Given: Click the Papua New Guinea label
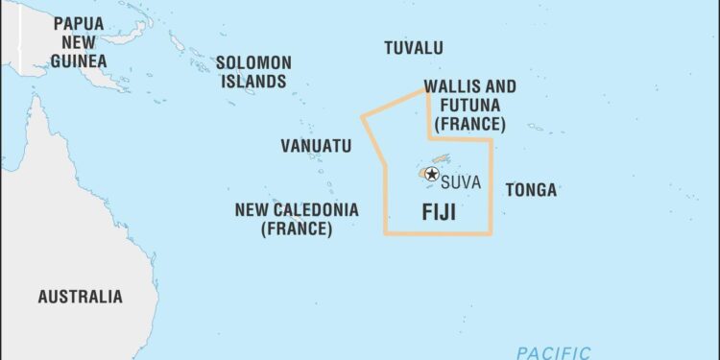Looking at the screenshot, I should point(80,41).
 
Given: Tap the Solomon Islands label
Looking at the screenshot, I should point(253,72).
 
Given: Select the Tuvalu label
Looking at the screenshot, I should point(414,48).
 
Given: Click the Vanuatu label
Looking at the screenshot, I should point(316,146).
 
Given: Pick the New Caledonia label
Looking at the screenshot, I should point(297,219).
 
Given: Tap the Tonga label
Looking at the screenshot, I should point(531,190).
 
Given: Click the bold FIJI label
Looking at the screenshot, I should point(440,213).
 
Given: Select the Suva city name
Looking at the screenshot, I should point(462,181).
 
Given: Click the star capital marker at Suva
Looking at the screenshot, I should point(432,174).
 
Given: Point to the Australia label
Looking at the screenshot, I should point(81,297).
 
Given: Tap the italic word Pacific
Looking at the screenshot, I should point(553,352).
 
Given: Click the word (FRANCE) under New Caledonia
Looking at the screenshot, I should point(297,229).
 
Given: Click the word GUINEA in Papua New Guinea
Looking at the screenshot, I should point(80,60).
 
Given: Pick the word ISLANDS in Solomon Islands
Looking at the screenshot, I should point(253,82).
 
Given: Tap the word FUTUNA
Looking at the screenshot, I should point(470,106).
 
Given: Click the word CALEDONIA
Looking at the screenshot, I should point(319,209).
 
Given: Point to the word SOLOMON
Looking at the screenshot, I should point(253,62).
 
